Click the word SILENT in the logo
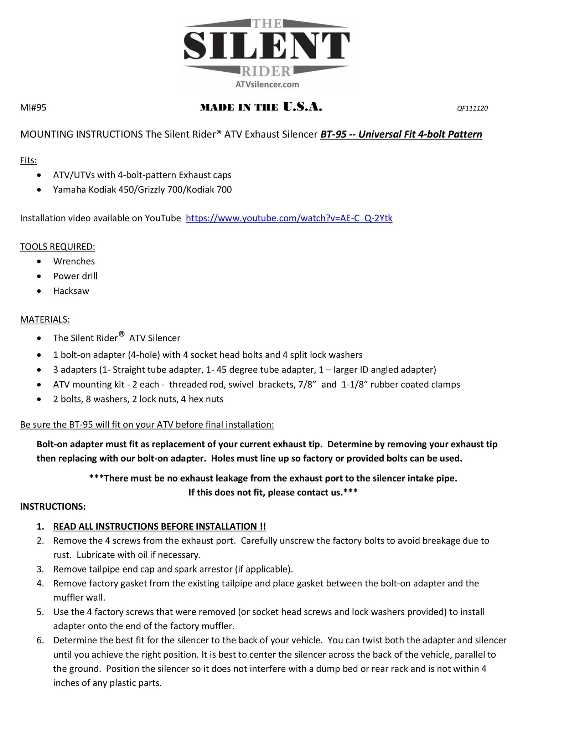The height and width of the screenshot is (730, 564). click(267, 46)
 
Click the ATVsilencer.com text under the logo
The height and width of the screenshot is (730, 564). click(267, 84)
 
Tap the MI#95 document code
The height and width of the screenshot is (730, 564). click(33, 108)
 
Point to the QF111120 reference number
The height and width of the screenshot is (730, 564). click(472, 108)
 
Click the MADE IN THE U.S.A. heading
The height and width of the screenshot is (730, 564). click(261, 107)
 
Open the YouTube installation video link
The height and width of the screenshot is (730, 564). click(289, 218)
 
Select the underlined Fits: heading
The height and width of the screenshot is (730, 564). click(29, 160)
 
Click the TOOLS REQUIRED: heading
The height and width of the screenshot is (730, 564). click(57, 247)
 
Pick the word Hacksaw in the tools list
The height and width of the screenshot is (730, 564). click(71, 291)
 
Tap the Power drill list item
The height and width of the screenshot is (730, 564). click(75, 276)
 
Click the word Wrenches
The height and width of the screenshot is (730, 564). click(74, 261)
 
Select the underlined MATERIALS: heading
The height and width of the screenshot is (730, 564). click(45, 319)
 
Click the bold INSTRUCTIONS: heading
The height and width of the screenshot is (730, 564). click(53, 507)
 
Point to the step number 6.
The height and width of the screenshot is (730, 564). click(40, 640)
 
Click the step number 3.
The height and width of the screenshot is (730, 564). click(40, 569)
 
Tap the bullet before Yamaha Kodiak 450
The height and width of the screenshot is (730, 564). click(39, 190)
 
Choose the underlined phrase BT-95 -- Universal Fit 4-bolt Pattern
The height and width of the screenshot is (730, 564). click(401, 134)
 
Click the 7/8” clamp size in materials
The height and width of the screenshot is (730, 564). click(307, 385)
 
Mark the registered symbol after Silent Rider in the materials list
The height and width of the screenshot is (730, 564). click(121, 334)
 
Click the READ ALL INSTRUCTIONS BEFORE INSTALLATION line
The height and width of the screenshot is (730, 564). click(159, 526)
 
